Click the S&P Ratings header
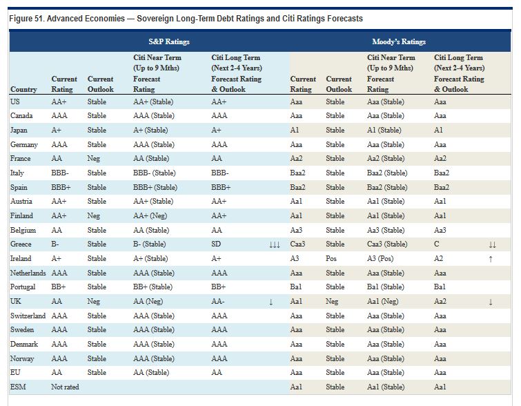point(169,41)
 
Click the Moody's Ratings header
point(399,41)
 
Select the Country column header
point(23,89)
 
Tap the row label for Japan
point(19,130)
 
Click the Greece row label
point(21,244)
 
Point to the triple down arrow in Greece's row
point(275,245)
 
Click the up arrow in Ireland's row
point(491,259)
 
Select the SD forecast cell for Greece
point(216,244)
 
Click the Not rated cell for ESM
point(65,387)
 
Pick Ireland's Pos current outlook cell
point(331,258)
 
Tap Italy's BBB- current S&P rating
point(60,173)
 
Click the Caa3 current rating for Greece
point(297,244)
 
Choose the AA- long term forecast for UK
point(218,301)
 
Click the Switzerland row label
point(28,316)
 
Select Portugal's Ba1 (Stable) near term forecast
point(386,287)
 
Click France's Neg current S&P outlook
point(94,159)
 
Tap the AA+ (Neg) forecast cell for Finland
point(150,215)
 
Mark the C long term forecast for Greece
point(437,244)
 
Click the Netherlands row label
point(28,273)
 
